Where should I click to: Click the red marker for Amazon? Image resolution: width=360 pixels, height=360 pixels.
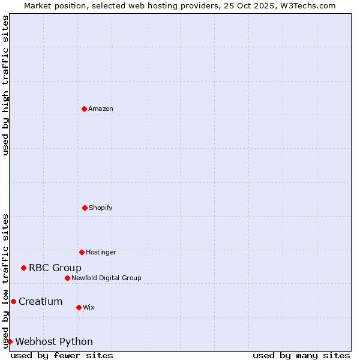[84, 109]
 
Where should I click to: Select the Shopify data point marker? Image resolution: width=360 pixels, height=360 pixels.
[85, 208]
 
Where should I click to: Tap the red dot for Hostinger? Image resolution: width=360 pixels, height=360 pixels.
[82, 252]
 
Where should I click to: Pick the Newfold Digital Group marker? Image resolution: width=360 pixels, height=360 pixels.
[67, 278]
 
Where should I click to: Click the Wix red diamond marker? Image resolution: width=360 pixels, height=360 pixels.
[79, 307]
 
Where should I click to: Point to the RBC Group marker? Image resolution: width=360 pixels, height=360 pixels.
[23, 268]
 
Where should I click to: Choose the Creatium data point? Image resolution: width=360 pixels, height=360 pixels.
[13, 301]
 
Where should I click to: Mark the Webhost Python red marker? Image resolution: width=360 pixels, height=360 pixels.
[10, 341]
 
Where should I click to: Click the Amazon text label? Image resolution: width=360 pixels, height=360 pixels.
[101, 109]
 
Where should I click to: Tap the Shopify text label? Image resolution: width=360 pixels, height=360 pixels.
[101, 208]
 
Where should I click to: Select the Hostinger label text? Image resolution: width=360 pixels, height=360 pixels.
[101, 253]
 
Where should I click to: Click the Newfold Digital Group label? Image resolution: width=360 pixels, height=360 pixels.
[106, 278]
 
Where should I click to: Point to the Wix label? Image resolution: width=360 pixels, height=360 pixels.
[89, 308]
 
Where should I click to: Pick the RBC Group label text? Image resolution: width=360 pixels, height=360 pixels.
[55, 268]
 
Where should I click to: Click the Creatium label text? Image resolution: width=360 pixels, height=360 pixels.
[41, 302]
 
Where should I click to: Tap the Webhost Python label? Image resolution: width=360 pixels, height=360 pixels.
[54, 342]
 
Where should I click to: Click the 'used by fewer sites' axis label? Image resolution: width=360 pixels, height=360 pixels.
[62, 355]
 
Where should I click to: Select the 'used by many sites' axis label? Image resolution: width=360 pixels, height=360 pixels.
[301, 355]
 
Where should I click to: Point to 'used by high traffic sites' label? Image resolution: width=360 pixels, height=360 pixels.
[5, 86]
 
